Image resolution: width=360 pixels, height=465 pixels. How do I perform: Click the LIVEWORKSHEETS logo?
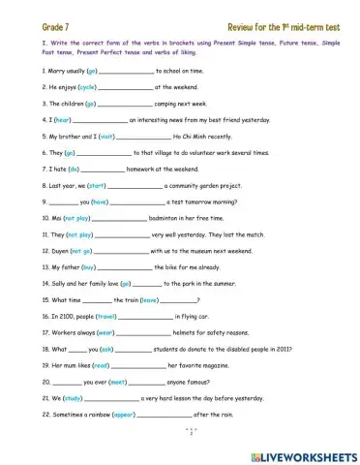coord(303,454)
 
